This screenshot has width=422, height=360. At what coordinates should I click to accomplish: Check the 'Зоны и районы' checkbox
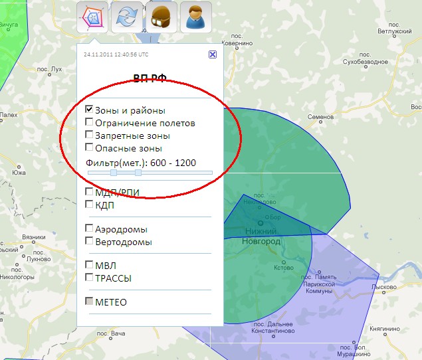pyautogui.click(x=89, y=110)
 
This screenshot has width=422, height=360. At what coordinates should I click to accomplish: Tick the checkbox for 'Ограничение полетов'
pyautogui.click(x=89, y=122)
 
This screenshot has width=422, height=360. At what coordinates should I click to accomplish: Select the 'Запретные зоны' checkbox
pyautogui.click(x=89, y=135)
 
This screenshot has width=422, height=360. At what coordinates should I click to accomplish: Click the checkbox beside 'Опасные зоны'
pyautogui.click(x=89, y=147)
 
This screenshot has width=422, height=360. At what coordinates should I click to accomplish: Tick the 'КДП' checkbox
pyautogui.click(x=89, y=205)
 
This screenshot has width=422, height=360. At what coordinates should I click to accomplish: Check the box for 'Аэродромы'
pyautogui.click(x=89, y=228)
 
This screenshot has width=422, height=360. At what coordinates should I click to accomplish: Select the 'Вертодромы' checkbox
pyautogui.click(x=89, y=241)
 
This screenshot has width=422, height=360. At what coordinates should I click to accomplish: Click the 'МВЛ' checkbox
pyautogui.click(x=89, y=265)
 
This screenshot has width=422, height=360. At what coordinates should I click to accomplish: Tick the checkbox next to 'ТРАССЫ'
pyautogui.click(x=89, y=278)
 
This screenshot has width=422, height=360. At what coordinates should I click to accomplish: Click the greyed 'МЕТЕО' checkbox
pyautogui.click(x=89, y=302)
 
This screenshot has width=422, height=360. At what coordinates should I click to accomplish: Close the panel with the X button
pyautogui.click(x=212, y=54)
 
